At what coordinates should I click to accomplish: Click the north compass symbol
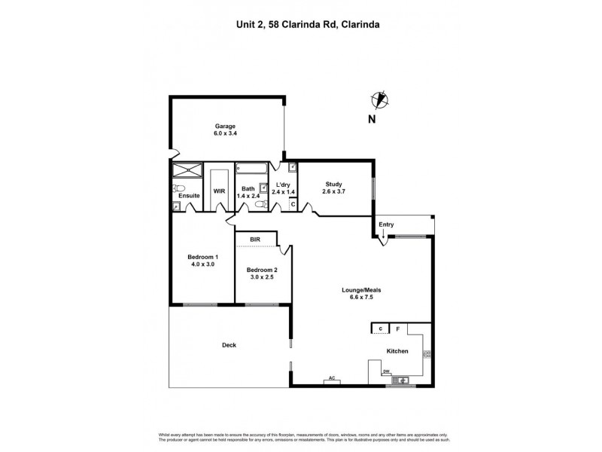pos(381,99)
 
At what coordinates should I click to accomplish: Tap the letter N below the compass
pos(371,120)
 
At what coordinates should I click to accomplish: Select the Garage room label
pos(226,126)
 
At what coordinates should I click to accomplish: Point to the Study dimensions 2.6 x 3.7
pos(333,192)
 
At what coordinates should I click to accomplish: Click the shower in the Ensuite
pos(187,169)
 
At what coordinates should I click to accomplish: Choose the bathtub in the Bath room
pos(248,169)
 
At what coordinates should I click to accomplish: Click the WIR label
pos(219,191)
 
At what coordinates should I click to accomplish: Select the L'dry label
pos(283,185)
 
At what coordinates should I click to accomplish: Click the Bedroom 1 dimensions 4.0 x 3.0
pos(201,264)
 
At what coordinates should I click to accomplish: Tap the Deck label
pos(230,345)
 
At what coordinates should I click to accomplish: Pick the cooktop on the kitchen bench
pos(427,353)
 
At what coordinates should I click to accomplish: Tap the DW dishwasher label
pos(386,371)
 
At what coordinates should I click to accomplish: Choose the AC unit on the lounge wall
pos(331,381)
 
